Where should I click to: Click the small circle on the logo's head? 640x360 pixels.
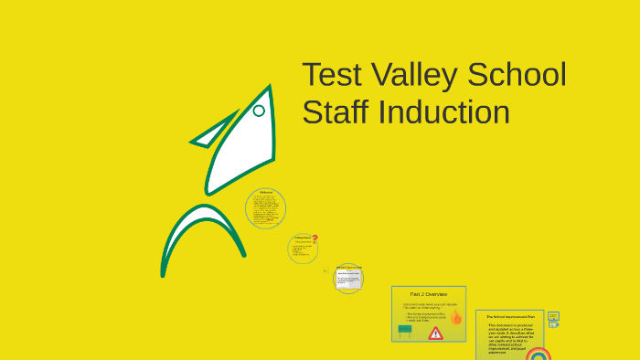pos(259,111)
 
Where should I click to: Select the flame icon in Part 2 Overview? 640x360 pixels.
pos(455,317)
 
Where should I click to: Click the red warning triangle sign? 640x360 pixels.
pos(435,334)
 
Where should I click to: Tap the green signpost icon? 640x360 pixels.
pos(405,331)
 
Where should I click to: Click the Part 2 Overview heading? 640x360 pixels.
pos(428,294)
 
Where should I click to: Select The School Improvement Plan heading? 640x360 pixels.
pos(509,316)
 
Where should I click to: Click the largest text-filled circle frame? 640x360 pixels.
pos(266,209)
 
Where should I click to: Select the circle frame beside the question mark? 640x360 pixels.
pos(302,249)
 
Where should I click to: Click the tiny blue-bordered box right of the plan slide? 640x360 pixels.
pos(553,317)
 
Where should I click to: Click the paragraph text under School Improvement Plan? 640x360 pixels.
pos(508,336)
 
